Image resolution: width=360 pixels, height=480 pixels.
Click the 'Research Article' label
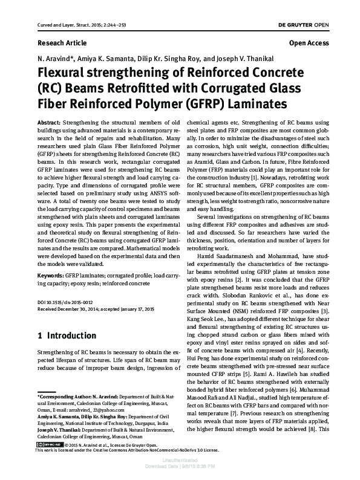click(x=56, y=44)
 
